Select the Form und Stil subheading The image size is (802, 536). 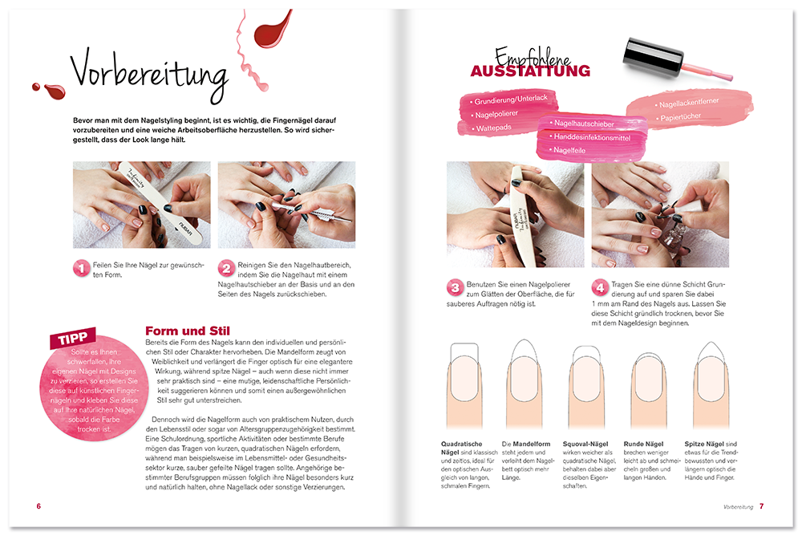pos(187,331)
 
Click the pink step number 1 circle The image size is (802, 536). pos(81,269)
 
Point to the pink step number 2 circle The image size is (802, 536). pos(227,269)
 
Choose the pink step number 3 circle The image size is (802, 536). pos(455,287)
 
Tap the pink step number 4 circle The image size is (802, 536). pos(600,287)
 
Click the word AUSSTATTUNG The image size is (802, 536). pos(530,71)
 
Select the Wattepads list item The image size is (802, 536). pos(495,128)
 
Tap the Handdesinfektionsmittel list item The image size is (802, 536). pos(592,137)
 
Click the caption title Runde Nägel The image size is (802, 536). pos(644,444)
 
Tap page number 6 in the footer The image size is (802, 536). pos(38,506)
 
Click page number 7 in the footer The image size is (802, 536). pos(762,506)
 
